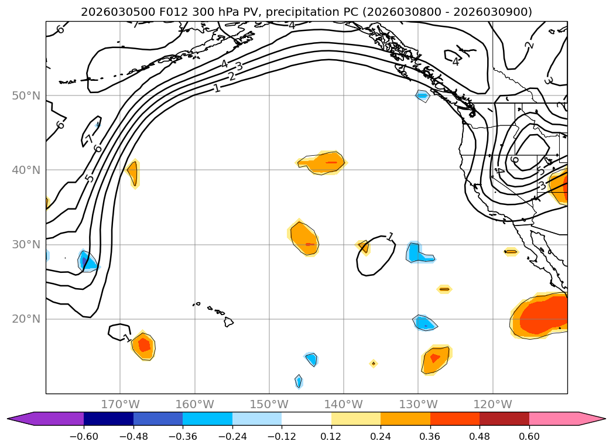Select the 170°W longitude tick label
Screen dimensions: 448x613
pyautogui.click(x=120, y=404)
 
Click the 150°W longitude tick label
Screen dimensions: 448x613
pyautogui.click(x=269, y=404)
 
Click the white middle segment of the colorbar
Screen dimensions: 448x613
pyautogui.click(x=306, y=419)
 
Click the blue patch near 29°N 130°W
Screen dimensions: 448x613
pyautogui.click(x=418, y=252)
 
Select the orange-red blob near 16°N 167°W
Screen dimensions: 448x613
pyautogui.click(x=143, y=346)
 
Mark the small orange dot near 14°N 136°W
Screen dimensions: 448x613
pyautogui.click(x=373, y=364)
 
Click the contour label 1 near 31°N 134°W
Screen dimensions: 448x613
pyautogui.click(x=390, y=237)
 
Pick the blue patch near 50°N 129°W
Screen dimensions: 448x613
pyautogui.click(x=422, y=95)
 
